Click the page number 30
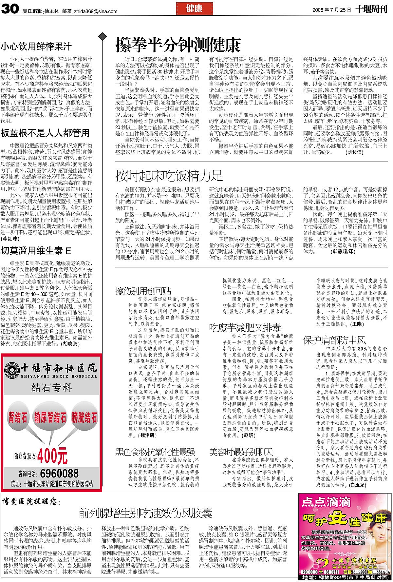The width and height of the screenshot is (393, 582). tap(10, 9)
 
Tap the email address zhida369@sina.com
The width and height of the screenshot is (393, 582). tap(96, 11)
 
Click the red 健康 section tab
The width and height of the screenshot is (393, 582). tap(194, 9)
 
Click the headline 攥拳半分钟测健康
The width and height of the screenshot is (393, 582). tap(178, 45)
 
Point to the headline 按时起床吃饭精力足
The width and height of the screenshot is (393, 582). tap(169, 176)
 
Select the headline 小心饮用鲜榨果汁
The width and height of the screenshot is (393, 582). tap(36, 47)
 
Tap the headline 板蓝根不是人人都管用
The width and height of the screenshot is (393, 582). tap(45, 133)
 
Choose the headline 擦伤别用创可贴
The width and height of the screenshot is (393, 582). tap(143, 290)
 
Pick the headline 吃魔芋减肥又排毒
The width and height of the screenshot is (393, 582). tap(245, 327)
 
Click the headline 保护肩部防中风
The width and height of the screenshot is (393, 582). tap(334, 339)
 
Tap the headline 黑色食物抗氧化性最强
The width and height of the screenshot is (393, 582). tap(155, 452)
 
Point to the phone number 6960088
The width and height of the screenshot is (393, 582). tap(59, 473)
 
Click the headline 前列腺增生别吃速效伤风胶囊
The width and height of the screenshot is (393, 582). tap(145, 513)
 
